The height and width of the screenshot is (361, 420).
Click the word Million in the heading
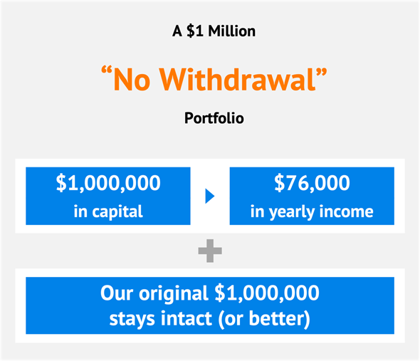232,31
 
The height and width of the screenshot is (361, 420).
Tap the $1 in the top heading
195,31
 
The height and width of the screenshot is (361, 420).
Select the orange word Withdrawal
238,80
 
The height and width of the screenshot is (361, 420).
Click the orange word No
132,80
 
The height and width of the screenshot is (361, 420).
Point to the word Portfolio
214,118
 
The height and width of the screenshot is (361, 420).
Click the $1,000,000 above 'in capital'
108,183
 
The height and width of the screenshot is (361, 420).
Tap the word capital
117,212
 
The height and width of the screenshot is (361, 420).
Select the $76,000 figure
312,183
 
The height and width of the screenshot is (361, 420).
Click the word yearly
292,212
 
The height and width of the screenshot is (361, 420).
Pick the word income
347,211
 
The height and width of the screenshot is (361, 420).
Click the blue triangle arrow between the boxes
210,197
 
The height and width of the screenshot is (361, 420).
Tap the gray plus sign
210,251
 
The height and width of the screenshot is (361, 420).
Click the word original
174,293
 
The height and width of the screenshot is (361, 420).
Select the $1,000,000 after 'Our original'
267,293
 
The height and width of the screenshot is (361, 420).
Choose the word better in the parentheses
277,319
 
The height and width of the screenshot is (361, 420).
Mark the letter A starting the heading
177,31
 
